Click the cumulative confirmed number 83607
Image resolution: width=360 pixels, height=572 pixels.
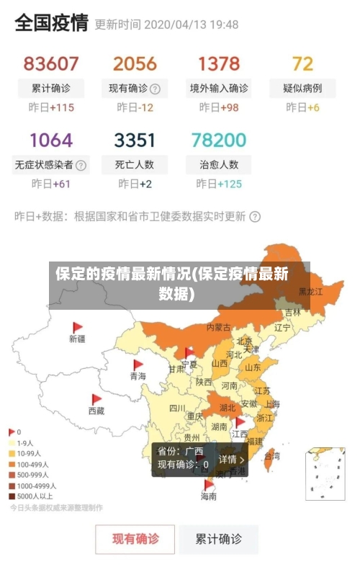[51, 64]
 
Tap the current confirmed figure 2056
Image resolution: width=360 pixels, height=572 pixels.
[134, 64]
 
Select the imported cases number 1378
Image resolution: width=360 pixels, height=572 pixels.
[219, 64]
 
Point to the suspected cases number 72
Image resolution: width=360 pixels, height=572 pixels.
[302, 64]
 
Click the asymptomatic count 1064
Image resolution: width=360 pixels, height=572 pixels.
[51, 140]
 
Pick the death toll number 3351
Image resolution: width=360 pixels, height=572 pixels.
[134, 140]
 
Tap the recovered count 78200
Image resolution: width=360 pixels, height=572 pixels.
[219, 140]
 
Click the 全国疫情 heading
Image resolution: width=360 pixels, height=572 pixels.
[51, 24]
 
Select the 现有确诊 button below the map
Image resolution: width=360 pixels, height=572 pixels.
[135, 538]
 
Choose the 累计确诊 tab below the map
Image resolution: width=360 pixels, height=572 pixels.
[220, 538]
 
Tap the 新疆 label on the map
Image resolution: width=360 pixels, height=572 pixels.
[77, 338]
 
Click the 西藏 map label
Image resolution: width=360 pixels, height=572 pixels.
[96, 411]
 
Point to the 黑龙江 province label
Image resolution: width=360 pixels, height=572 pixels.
[310, 292]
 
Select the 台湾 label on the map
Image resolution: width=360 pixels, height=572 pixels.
[272, 456]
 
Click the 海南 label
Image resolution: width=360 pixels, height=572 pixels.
[209, 496]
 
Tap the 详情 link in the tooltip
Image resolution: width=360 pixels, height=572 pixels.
[231, 459]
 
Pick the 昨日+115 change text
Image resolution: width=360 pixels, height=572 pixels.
[51, 108]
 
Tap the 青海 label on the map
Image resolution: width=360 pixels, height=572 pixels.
[138, 376]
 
